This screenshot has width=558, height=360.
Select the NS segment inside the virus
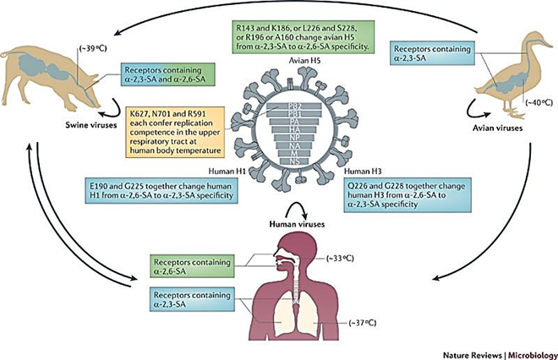(x=279, y=159)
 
